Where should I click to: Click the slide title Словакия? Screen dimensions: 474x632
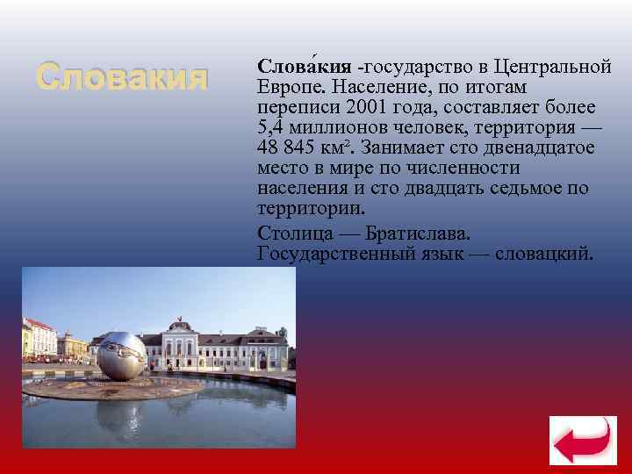(x=122, y=78)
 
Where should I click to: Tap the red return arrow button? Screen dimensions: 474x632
(x=577, y=439)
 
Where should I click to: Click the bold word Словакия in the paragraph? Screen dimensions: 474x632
(x=305, y=67)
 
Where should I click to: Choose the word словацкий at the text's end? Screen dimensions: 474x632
(x=544, y=255)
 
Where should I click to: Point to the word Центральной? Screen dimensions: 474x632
(x=552, y=67)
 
